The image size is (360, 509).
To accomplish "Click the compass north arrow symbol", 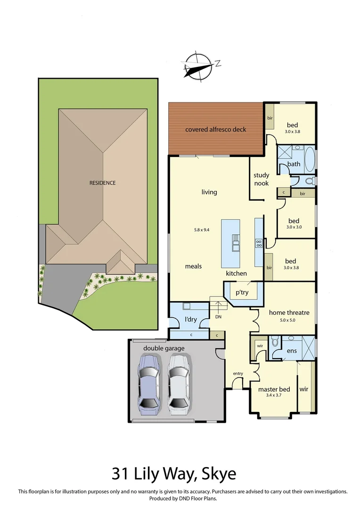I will (197, 66).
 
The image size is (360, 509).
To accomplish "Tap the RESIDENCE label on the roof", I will (103, 183).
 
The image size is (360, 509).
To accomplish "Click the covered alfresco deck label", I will (215, 129).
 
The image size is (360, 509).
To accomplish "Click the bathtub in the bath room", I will (309, 161).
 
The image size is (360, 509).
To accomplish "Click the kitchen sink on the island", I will (235, 244).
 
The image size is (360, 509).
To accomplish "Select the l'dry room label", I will (190, 319).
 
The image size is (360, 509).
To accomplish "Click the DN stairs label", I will (218, 317).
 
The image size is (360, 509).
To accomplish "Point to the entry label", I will (237, 374).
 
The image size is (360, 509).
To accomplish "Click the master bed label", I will (274, 389).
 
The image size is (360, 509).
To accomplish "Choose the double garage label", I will (164, 348).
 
